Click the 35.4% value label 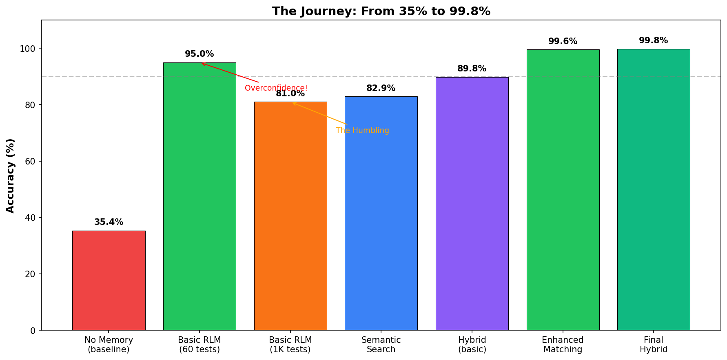point(109,222)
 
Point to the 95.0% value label point(199,54)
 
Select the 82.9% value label point(381,89)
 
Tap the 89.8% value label point(472,69)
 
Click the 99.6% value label point(563,42)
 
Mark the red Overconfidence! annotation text point(276,88)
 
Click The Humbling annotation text point(362,131)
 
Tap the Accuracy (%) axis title point(11,176)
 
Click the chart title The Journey point(381,11)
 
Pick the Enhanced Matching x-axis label point(563,344)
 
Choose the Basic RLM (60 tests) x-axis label point(199,344)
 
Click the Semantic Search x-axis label point(381,344)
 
